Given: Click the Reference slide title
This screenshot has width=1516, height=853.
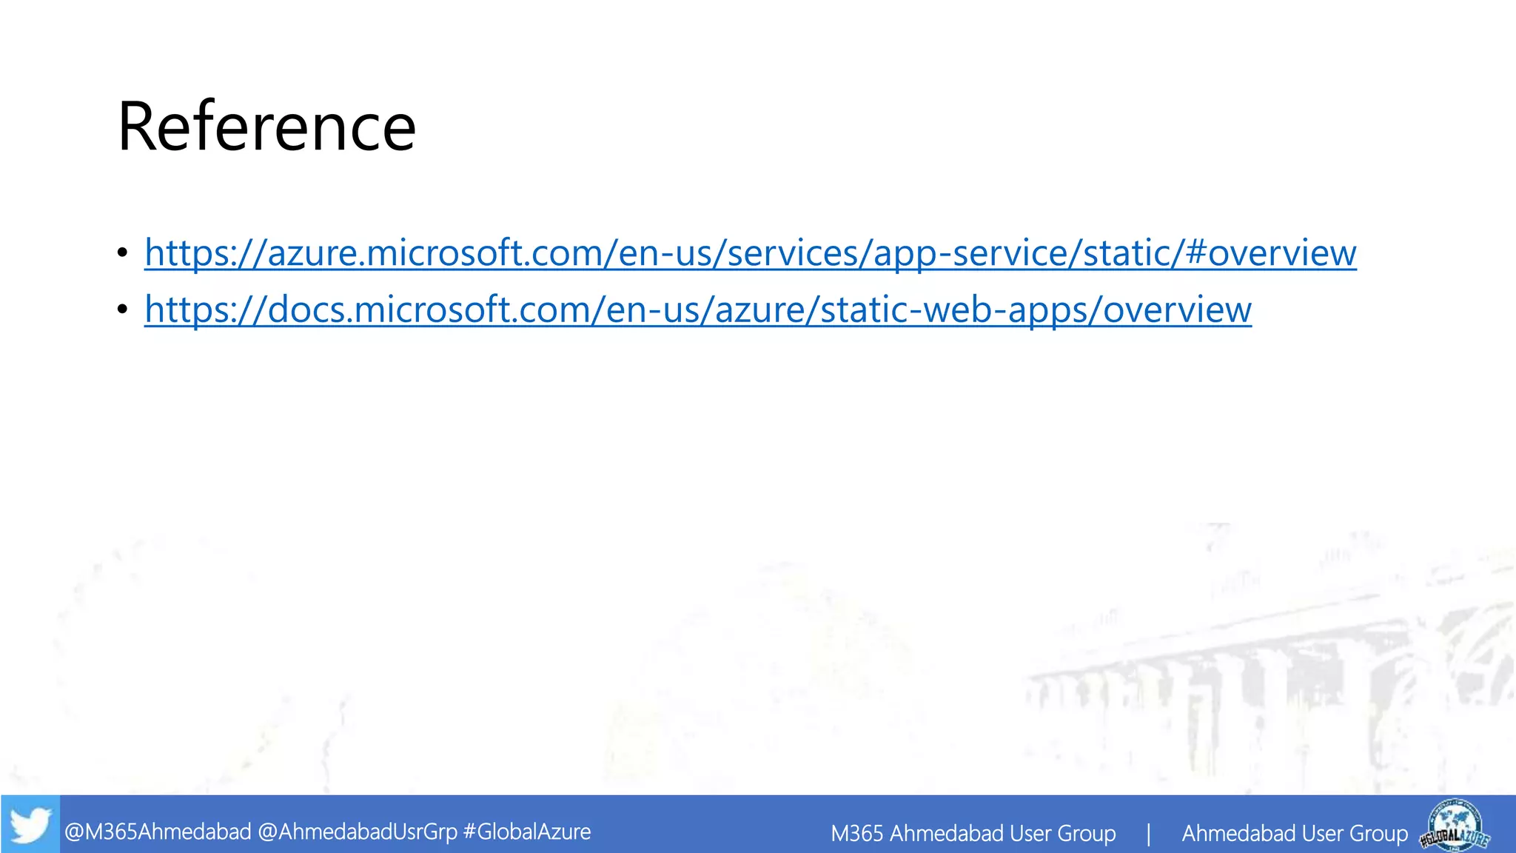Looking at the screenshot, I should tap(266, 127).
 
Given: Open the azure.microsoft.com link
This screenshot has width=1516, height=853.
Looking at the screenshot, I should tap(750, 253).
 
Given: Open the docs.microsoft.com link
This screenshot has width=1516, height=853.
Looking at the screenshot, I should tap(697, 310).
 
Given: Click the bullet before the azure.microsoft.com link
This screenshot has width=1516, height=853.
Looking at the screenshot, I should tap(123, 253).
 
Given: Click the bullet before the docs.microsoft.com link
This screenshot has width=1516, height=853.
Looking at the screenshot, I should tap(123, 310).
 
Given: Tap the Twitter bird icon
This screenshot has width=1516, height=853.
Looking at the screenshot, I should tap(30, 825).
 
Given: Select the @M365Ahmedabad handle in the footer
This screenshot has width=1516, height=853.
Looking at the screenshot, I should tap(158, 832).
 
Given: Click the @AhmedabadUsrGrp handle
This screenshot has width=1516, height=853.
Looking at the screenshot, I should tap(358, 832).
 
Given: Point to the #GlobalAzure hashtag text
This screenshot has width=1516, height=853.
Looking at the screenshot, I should tap(526, 832).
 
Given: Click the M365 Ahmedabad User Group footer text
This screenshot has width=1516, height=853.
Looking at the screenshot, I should tap(973, 834).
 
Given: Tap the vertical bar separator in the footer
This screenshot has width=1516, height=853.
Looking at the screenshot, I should tap(1148, 834).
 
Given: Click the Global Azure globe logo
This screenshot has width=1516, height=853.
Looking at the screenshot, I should tap(1455, 824).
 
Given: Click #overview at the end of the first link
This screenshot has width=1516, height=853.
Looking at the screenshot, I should tap(1270, 253).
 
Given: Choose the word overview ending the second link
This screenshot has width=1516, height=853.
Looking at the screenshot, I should tap(1177, 310).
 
